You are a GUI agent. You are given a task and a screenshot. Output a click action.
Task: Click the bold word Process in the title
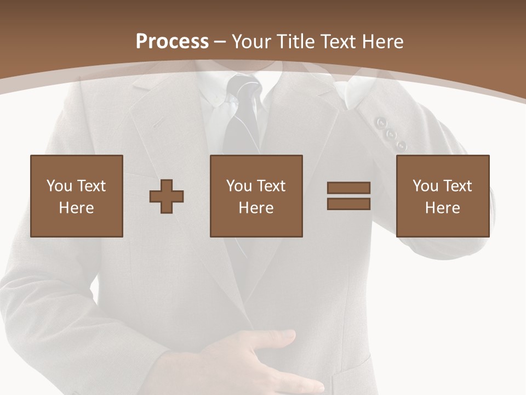[x=172, y=42]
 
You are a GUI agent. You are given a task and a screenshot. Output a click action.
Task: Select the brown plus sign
[x=167, y=196]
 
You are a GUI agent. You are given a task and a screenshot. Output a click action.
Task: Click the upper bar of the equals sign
[x=348, y=188]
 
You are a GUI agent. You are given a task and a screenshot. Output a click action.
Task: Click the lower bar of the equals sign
[x=348, y=204]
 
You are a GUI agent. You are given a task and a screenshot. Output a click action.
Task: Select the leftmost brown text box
[x=77, y=196]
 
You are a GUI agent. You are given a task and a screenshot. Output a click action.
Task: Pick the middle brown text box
[x=256, y=196]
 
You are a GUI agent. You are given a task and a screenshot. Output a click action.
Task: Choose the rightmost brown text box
[x=443, y=196]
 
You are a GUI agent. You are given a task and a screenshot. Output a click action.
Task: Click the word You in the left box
[x=59, y=186]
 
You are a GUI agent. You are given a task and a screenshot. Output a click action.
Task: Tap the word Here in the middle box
[x=256, y=208]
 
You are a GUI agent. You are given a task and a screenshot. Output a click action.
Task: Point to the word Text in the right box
[x=458, y=186]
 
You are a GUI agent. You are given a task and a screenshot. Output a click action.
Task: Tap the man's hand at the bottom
[x=258, y=362]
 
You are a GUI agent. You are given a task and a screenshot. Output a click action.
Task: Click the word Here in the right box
[x=443, y=208]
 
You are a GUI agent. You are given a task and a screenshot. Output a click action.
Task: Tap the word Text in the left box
[x=92, y=186]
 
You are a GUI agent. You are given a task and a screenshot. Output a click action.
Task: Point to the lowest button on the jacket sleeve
[x=402, y=145]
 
